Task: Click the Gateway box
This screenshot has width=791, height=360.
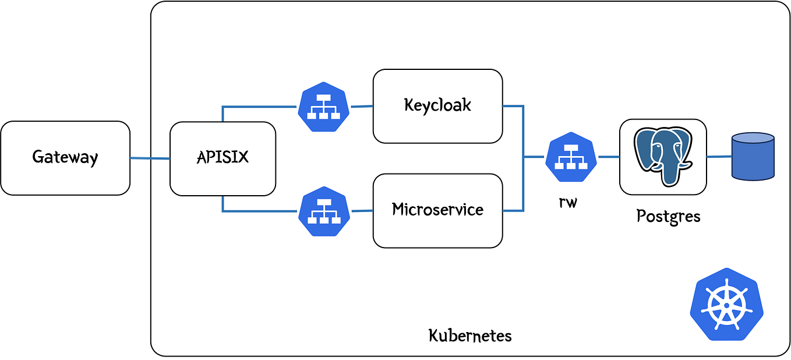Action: pyautogui.click(x=65, y=158)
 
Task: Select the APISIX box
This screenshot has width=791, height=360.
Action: pyautogui.click(x=222, y=158)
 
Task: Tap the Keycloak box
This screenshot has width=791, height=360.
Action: pyautogui.click(x=437, y=106)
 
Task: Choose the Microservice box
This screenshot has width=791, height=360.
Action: pyautogui.click(x=437, y=210)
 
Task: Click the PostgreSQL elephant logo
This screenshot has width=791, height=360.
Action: pyautogui.click(x=663, y=156)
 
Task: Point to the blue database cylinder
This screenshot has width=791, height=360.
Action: pyautogui.click(x=753, y=156)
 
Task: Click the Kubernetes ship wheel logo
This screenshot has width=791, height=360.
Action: pyautogui.click(x=726, y=304)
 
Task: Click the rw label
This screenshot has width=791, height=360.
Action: pyautogui.click(x=567, y=203)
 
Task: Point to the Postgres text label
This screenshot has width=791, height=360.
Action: pyautogui.click(x=668, y=216)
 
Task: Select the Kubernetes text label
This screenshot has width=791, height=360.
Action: pyautogui.click(x=470, y=336)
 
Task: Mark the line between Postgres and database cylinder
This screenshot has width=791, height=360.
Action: pyautogui.click(x=719, y=157)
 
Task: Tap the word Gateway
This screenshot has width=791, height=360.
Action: pyautogui.click(x=65, y=158)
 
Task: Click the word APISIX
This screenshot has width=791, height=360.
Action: pyautogui.click(x=222, y=158)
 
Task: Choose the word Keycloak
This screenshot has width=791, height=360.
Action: pyautogui.click(x=437, y=105)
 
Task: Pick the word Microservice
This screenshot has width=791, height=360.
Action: pyautogui.click(x=437, y=209)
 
